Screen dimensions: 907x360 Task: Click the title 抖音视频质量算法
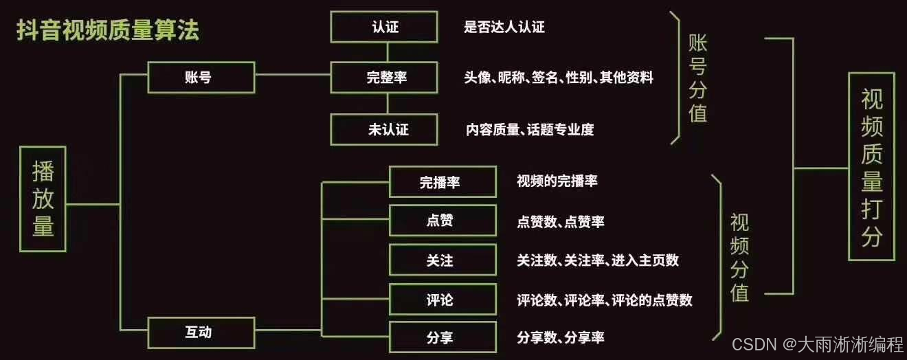(x=109, y=31)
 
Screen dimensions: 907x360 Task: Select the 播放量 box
(x=43, y=199)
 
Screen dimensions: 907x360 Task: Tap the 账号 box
(x=198, y=77)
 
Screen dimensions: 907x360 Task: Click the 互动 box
(x=198, y=333)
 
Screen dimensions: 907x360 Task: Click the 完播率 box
(x=443, y=182)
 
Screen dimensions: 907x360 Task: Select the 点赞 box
(x=443, y=221)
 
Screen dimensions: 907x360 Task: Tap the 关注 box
(x=443, y=260)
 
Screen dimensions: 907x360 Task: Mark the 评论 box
(x=443, y=300)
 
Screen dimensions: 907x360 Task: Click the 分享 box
(x=443, y=337)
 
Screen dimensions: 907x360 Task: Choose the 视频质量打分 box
(x=872, y=166)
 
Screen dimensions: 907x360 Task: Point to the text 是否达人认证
(x=504, y=27)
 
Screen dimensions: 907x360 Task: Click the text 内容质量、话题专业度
(x=530, y=129)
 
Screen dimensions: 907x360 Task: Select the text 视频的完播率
(x=557, y=181)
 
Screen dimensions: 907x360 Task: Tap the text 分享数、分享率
(x=561, y=337)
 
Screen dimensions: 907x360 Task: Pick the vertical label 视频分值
(x=739, y=258)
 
